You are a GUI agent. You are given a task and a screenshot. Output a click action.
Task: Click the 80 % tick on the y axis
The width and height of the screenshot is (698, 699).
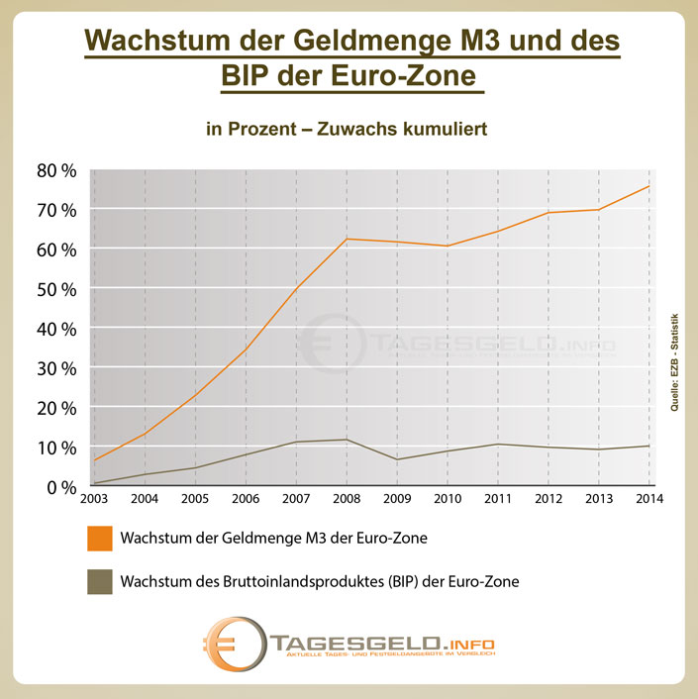click(56, 170)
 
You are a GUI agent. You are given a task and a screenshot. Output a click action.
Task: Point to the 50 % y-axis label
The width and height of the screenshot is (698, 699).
click(56, 289)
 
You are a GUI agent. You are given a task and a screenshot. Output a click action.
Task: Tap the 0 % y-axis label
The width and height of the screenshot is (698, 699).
click(61, 487)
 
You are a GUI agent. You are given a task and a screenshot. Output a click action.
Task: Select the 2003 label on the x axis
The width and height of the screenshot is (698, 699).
click(94, 498)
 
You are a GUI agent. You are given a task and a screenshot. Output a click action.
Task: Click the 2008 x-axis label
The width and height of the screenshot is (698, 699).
click(346, 498)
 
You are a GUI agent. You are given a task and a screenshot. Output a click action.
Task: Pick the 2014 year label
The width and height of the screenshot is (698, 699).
click(648, 498)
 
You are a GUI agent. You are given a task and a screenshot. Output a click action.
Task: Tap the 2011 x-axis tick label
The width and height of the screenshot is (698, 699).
click(496, 498)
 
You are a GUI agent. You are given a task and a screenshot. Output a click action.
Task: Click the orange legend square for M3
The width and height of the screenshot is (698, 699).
click(97, 540)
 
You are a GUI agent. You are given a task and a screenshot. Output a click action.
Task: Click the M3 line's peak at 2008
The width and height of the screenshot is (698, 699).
click(346, 239)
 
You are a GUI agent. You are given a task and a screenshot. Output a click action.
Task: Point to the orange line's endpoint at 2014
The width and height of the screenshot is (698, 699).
click(648, 186)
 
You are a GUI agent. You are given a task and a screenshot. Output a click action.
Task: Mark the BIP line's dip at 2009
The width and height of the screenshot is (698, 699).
click(396, 459)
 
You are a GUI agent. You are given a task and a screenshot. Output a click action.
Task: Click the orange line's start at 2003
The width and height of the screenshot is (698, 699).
click(94, 460)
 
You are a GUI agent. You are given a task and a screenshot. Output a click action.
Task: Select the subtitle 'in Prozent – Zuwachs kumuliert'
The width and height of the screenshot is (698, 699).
click(348, 130)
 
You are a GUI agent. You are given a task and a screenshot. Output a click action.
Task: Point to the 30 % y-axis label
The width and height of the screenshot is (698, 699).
click(56, 368)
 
